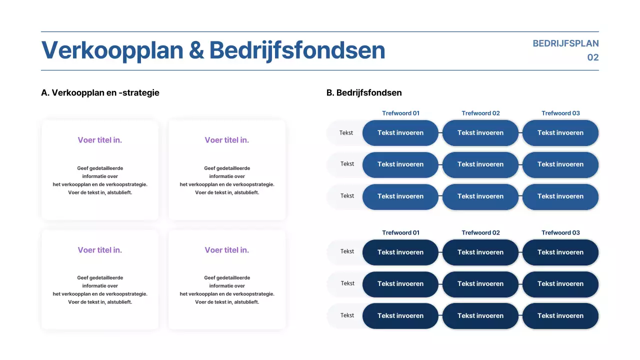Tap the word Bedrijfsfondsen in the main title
[x=297, y=50]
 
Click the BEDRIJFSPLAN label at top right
[x=565, y=43]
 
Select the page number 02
[x=592, y=57]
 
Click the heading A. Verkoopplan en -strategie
[x=100, y=92]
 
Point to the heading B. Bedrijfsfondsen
[x=364, y=92]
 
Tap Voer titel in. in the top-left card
[x=99, y=140]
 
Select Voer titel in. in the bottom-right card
[x=226, y=250]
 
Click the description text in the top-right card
[x=227, y=180]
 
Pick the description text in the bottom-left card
[x=100, y=290]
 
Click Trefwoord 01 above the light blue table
[x=400, y=113]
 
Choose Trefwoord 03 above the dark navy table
[x=560, y=232]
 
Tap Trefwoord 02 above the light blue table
[x=480, y=113]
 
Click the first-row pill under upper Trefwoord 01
[x=400, y=133]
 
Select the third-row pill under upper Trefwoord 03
[x=560, y=196]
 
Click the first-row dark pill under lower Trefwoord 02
[x=480, y=252]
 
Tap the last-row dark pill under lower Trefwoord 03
[x=560, y=316]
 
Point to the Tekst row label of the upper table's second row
[x=347, y=164]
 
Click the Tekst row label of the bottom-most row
[x=347, y=315]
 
